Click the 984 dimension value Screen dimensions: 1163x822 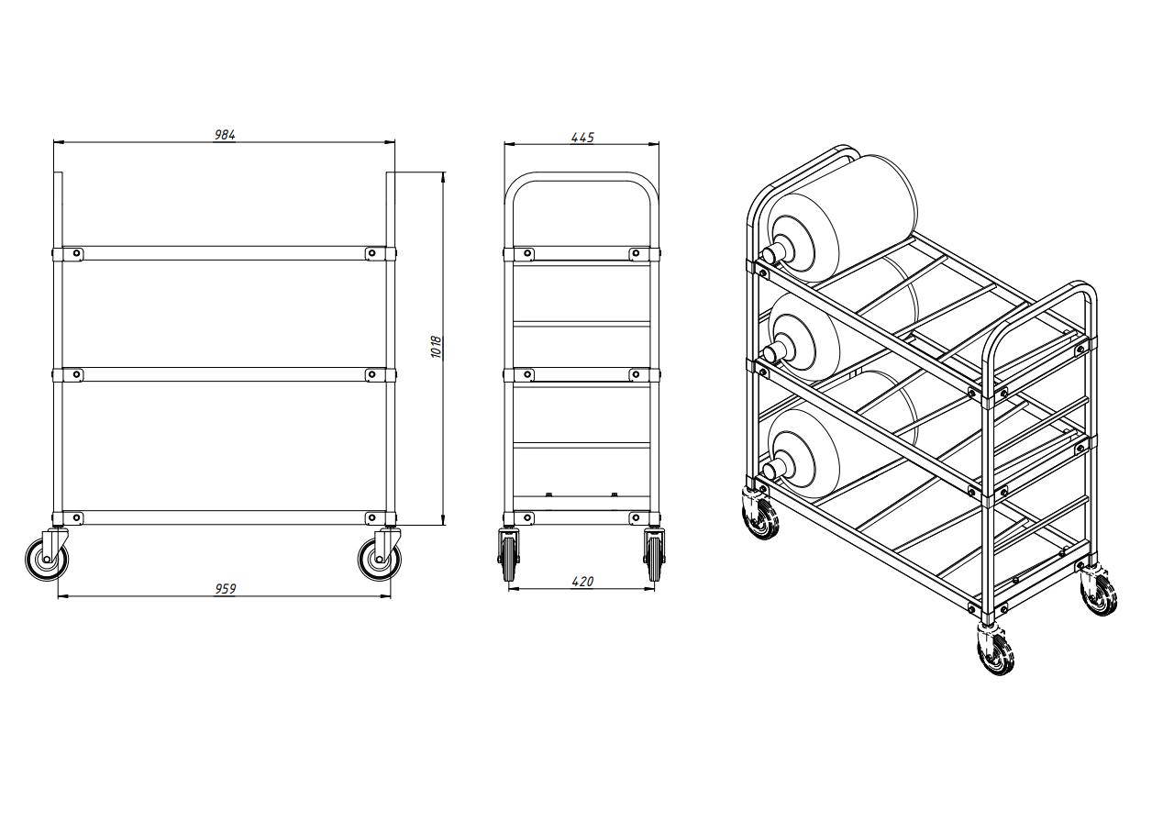point(225,135)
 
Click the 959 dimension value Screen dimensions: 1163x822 point(226,589)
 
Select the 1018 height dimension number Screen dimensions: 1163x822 point(437,347)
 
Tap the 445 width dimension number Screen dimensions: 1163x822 point(582,138)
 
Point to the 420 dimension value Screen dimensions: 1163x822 point(582,582)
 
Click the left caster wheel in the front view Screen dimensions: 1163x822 point(47,560)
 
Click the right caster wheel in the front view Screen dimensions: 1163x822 point(380,560)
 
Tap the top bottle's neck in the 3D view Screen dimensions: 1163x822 point(777,254)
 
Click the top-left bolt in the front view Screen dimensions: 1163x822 point(76,253)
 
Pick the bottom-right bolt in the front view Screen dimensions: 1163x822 point(371,517)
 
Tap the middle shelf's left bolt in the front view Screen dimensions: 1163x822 point(76,374)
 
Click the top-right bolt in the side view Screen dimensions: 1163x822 point(636,253)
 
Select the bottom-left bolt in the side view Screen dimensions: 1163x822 point(527,517)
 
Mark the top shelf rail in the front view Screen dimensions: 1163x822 point(224,253)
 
